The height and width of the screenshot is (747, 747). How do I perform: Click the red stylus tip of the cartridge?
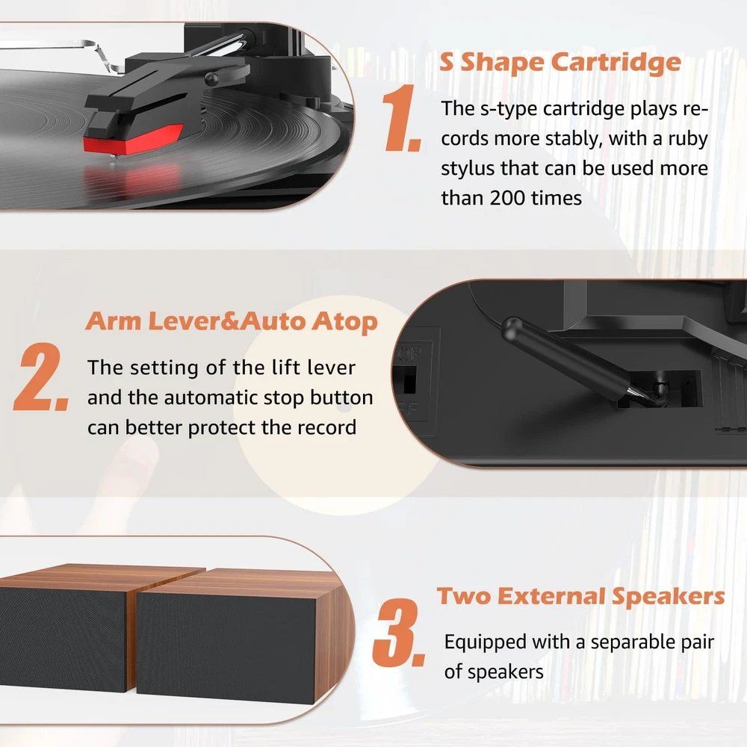(133, 139)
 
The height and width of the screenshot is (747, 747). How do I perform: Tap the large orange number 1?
(402, 118)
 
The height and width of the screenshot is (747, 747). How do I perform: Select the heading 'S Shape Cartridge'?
(560, 63)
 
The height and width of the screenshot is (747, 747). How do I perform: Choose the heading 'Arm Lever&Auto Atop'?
(232, 321)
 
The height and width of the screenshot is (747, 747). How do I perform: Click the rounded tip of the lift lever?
(512, 328)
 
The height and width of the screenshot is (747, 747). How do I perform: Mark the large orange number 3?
(398, 633)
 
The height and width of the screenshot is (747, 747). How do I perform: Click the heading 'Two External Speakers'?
(580, 596)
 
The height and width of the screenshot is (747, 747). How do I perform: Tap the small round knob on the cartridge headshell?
(212, 78)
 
